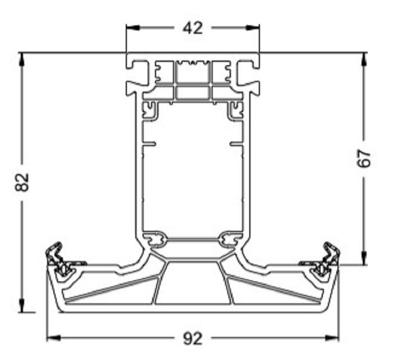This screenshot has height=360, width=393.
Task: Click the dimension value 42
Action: click(193, 28)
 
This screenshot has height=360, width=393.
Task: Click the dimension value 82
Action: click(21, 182)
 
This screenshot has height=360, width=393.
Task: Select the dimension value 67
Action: click(365, 159)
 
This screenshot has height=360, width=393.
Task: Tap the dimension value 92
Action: click(193, 338)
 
